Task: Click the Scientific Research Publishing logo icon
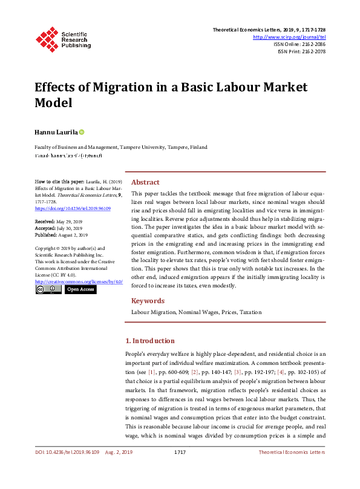47,39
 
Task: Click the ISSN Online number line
299,44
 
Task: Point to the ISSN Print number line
301,51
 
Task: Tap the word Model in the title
53,102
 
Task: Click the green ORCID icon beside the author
82,132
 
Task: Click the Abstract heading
145,182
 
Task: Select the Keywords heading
148,301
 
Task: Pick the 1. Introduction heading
149,341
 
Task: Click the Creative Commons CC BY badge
48,289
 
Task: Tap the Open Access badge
80,289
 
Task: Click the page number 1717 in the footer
179,469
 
